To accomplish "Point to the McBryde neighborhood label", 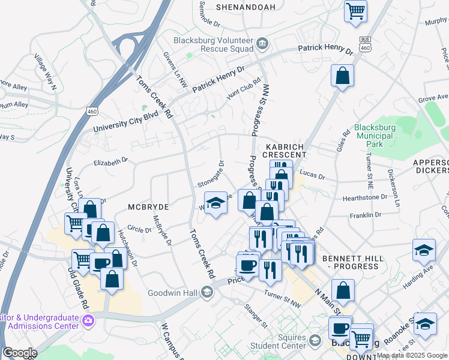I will (x=148, y=206).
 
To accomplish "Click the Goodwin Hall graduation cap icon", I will (x=207, y=292).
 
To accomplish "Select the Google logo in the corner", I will (x=19, y=353).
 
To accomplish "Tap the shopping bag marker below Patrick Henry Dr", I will (x=342, y=76).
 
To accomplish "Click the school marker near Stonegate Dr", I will (x=216, y=203).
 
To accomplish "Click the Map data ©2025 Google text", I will (x=412, y=355).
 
